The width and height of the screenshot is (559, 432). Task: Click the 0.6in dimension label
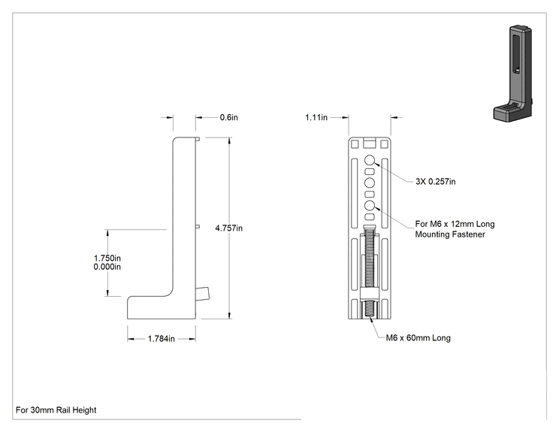pyautogui.click(x=228, y=117)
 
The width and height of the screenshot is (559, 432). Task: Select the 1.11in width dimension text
pyautogui.click(x=316, y=117)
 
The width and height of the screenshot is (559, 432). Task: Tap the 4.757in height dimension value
pyautogui.click(x=229, y=228)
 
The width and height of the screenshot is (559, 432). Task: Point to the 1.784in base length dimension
pyautogui.click(x=161, y=339)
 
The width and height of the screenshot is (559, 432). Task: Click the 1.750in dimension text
pyautogui.click(x=107, y=258)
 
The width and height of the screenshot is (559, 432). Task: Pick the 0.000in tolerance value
pyautogui.click(x=107, y=267)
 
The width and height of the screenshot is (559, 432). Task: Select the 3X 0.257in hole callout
pyautogui.click(x=435, y=181)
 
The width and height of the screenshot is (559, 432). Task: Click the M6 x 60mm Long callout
pyautogui.click(x=418, y=338)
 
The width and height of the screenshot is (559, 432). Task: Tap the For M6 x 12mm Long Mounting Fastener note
pyautogui.click(x=455, y=229)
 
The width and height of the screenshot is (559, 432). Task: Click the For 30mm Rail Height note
pyautogui.click(x=56, y=410)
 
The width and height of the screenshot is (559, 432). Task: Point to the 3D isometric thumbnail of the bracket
pyautogui.click(x=512, y=73)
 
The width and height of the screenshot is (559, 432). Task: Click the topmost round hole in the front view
pyautogui.click(x=370, y=160)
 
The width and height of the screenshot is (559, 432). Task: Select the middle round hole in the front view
pyautogui.click(x=370, y=183)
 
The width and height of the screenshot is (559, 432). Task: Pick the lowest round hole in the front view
pyautogui.click(x=370, y=205)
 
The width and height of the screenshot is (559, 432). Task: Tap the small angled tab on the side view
pyautogui.click(x=203, y=293)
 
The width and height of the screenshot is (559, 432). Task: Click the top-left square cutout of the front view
pyautogui.click(x=355, y=144)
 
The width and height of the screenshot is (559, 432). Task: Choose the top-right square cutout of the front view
pyautogui.click(x=385, y=144)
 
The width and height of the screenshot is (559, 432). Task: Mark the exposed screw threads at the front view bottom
pyautogui.click(x=370, y=310)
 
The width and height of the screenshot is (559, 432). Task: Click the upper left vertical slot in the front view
pyautogui.click(x=355, y=193)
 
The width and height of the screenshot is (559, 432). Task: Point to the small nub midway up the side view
pyautogui.click(x=198, y=226)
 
